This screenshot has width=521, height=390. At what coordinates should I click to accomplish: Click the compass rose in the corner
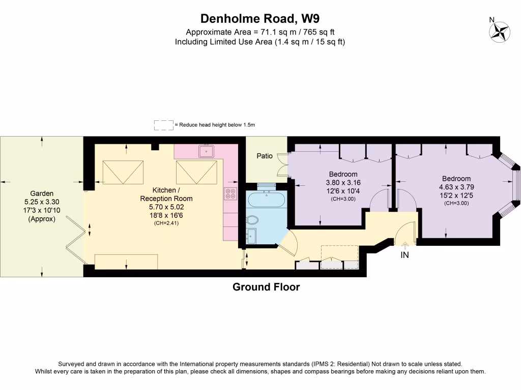(x=499, y=32)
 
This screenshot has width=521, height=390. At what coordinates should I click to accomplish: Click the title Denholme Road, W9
(x=260, y=19)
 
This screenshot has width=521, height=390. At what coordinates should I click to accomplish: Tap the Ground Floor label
(x=266, y=287)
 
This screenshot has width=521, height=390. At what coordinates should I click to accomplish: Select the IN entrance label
(x=404, y=255)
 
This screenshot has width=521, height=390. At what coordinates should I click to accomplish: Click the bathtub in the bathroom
(x=266, y=199)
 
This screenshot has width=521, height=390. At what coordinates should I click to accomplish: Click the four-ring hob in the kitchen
(x=230, y=193)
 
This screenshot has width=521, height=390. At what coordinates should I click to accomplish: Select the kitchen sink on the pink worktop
(x=206, y=151)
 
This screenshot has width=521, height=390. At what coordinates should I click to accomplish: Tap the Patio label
(x=265, y=156)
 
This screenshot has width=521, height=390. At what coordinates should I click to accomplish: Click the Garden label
(x=42, y=193)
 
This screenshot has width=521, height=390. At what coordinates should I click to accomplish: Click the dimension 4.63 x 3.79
(x=456, y=187)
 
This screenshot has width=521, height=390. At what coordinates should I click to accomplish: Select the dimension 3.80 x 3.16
(x=343, y=183)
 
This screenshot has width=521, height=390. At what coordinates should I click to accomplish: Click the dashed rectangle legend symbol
(x=163, y=124)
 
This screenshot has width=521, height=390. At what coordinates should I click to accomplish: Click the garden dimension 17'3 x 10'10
(x=42, y=211)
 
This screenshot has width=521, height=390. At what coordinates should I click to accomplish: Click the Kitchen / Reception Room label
(x=166, y=194)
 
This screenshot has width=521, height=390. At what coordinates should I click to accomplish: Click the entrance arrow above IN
(x=404, y=245)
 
